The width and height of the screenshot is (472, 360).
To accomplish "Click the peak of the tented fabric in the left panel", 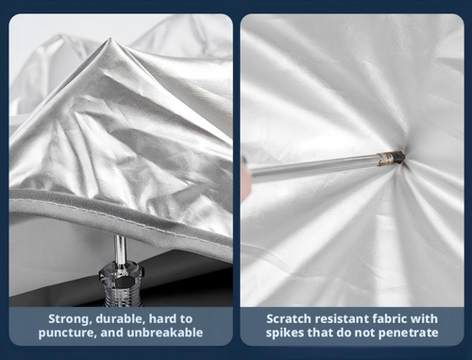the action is tap(110, 39).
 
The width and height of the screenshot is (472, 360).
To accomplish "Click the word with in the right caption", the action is tap(425, 319).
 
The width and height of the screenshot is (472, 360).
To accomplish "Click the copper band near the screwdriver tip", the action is tap(386, 159).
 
